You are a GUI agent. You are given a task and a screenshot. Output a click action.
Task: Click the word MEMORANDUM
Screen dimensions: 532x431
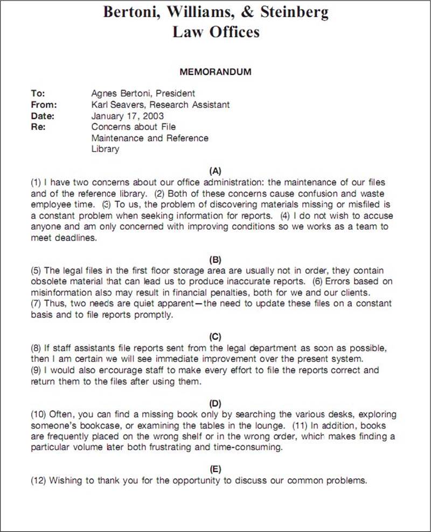(x=215, y=72)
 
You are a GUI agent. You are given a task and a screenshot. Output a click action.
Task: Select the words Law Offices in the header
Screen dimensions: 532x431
(x=215, y=32)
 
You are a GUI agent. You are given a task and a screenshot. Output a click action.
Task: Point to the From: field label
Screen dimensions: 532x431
(x=44, y=104)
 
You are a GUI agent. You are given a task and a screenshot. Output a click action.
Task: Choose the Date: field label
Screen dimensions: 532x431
(x=43, y=116)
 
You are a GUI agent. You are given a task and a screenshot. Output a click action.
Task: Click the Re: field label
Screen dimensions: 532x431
(x=38, y=127)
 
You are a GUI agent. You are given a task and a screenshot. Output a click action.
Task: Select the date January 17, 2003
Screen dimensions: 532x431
(x=128, y=116)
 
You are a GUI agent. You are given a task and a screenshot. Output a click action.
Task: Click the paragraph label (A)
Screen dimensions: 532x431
(x=215, y=171)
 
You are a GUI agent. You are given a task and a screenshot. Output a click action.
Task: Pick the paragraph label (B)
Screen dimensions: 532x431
(x=215, y=258)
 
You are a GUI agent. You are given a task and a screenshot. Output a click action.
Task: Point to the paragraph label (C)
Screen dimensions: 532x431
(x=215, y=337)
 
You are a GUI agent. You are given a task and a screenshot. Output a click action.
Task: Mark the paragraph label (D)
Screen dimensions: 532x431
(x=215, y=403)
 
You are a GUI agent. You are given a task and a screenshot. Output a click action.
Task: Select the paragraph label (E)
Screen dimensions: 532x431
(x=215, y=469)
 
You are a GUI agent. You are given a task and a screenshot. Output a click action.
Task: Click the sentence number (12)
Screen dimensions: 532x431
(x=39, y=480)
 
